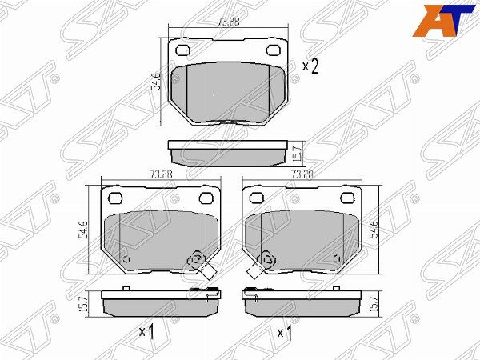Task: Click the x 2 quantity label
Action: click(310, 67)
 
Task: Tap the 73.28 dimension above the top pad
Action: click(228, 22)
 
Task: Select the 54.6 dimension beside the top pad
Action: click(156, 81)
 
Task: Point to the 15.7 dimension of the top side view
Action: click(299, 154)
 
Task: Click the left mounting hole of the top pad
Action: click(182, 50)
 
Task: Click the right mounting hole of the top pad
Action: click(274, 50)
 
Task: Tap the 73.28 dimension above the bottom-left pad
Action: click(162, 174)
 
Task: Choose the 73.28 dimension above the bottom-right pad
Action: click(302, 174)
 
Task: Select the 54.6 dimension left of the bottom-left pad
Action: click(84, 230)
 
